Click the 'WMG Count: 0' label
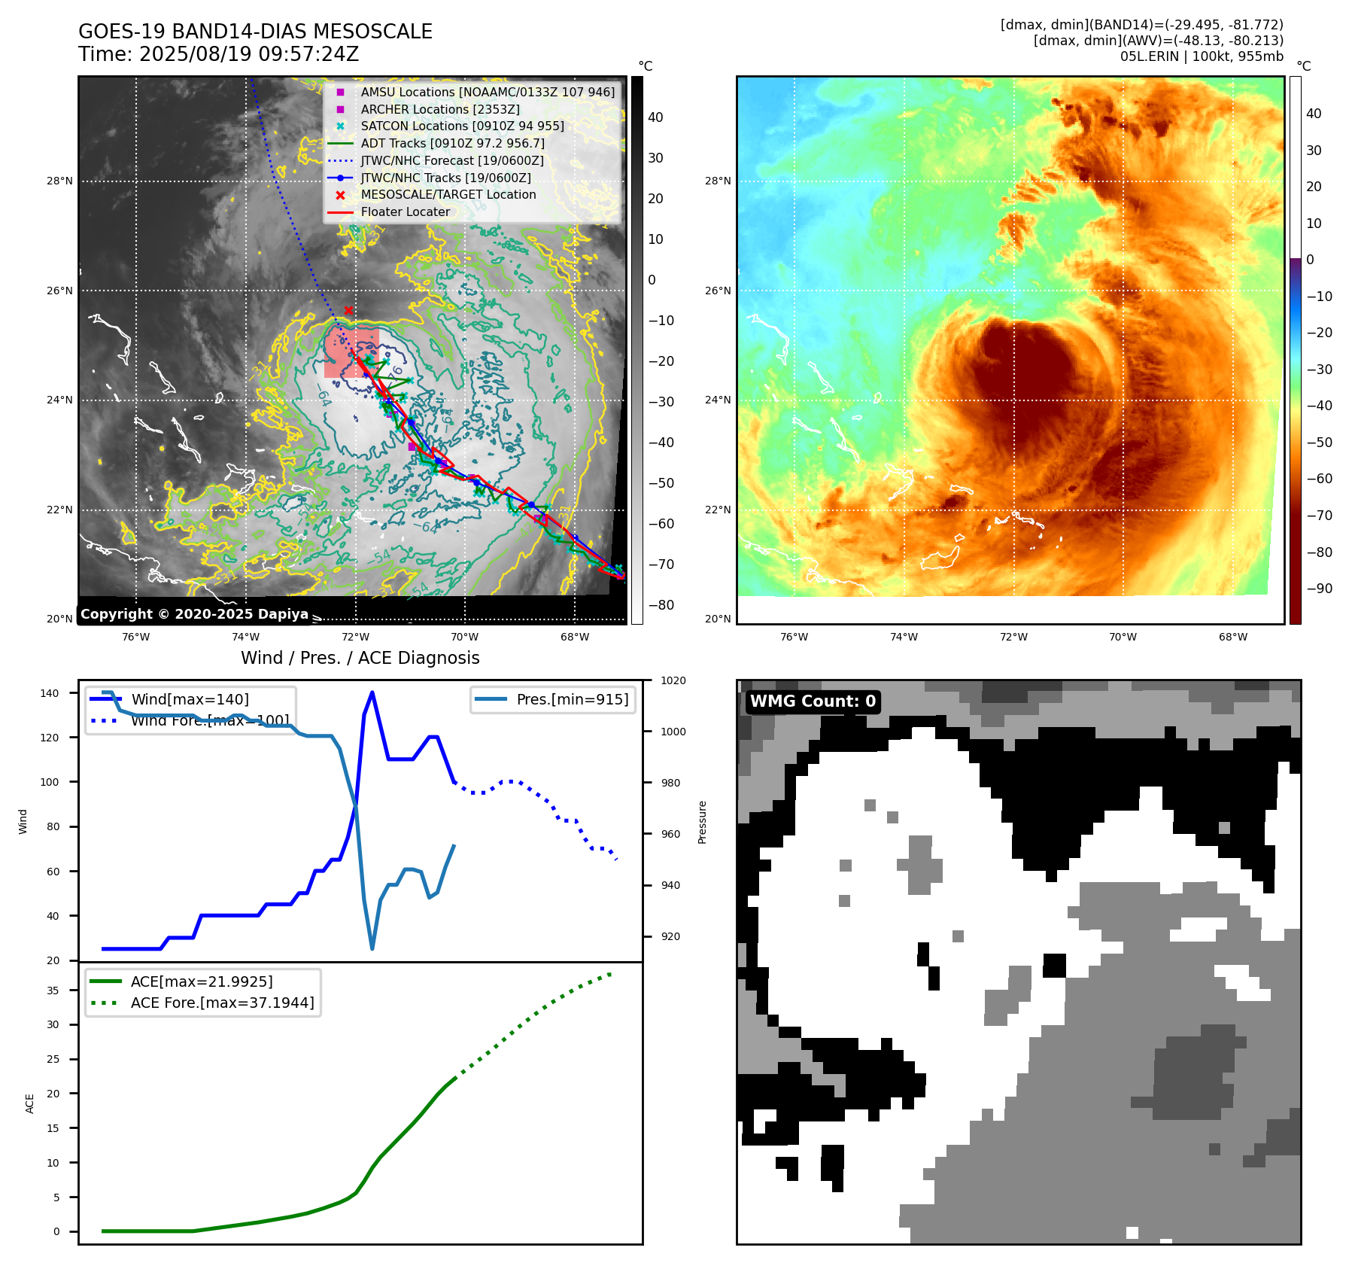tap(813, 701)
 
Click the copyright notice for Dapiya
tap(194, 614)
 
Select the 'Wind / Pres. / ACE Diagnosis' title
tap(360, 658)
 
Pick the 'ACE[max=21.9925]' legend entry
tap(202, 981)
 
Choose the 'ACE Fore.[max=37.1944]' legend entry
tap(222, 1003)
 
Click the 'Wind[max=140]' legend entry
tap(190, 699)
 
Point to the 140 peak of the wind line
tap(372, 693)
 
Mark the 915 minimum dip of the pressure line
tap(372, 948)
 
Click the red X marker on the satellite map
tap(348, 310)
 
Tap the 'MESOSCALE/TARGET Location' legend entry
tap(448, 195)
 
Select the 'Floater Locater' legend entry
tap(405, 212)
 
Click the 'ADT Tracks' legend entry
tap(452, 143)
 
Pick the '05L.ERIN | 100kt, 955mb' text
tap(1202, 56)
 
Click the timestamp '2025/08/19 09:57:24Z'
tap(249, 55)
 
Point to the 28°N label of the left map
tap(59, 181)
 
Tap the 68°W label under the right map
tap(1232, 638)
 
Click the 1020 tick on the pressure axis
tap(673, 680)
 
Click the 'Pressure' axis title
tap(702, 822)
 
